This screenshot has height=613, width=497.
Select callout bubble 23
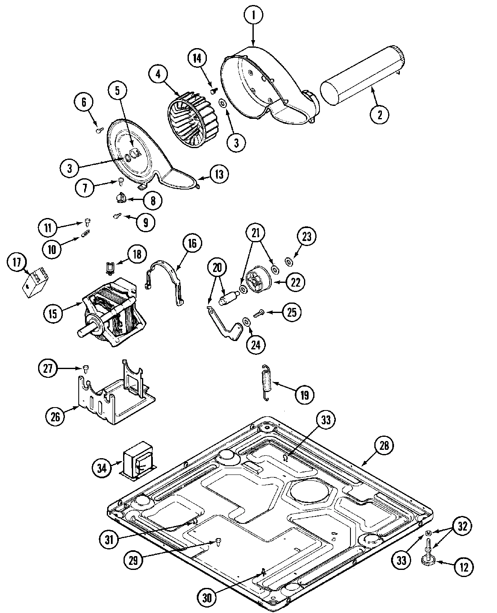coord(307,236)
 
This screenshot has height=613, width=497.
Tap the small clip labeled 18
coord(110,267)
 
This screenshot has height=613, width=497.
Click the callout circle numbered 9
coord(145,223)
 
